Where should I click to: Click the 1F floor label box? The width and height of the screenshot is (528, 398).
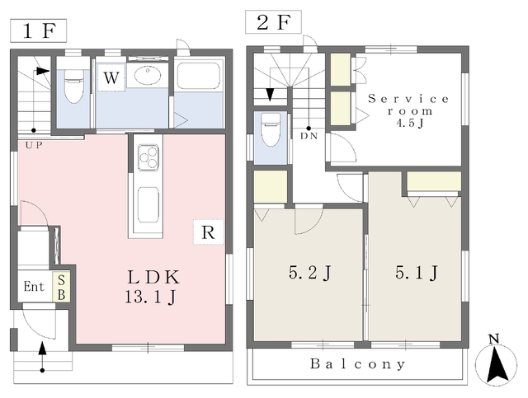(38, 31)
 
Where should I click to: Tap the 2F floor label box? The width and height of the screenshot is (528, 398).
(273, 22)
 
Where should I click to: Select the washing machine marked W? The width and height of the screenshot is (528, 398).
(111, 77)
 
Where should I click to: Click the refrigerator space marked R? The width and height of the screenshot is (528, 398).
(209, 232)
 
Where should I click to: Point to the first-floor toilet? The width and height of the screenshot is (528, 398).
(73, 86)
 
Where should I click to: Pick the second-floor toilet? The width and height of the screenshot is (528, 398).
(271, 129)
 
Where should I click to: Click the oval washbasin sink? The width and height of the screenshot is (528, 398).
(148, 75)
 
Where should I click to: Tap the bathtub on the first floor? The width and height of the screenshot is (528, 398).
(199, 76)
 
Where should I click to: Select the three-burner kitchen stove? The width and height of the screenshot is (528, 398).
(148, 157)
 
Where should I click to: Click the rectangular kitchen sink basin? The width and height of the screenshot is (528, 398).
(148, 204)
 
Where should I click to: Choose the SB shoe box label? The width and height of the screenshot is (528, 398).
(61, 287)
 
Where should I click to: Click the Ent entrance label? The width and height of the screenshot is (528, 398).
(34, 287)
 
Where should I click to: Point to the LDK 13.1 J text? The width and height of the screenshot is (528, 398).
(152, 287)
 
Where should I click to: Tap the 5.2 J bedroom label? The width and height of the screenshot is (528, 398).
(310, 273)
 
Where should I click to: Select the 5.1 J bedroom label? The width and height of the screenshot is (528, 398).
(416, 273)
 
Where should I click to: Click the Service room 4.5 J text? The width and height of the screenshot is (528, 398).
(409, 110)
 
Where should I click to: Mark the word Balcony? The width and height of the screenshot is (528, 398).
(357, 364)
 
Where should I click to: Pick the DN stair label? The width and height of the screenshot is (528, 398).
(309, 137)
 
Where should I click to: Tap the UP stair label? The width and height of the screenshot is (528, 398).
(34, 146)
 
